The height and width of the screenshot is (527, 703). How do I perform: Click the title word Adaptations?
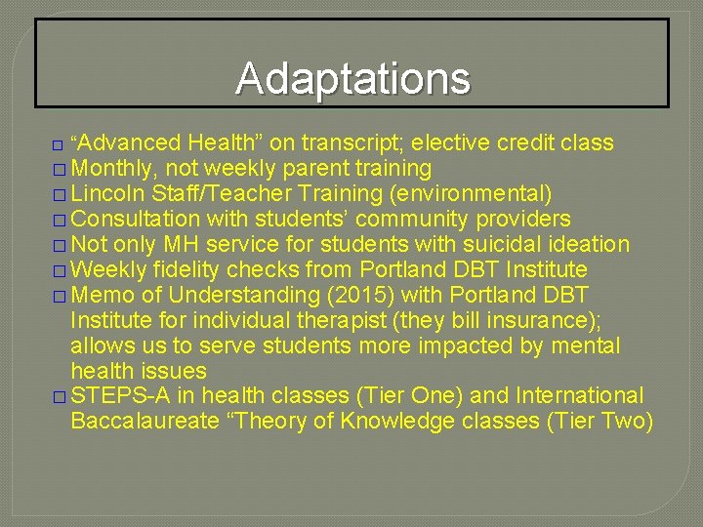coord(352,78)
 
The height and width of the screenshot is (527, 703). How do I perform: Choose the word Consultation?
coord(135,220)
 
